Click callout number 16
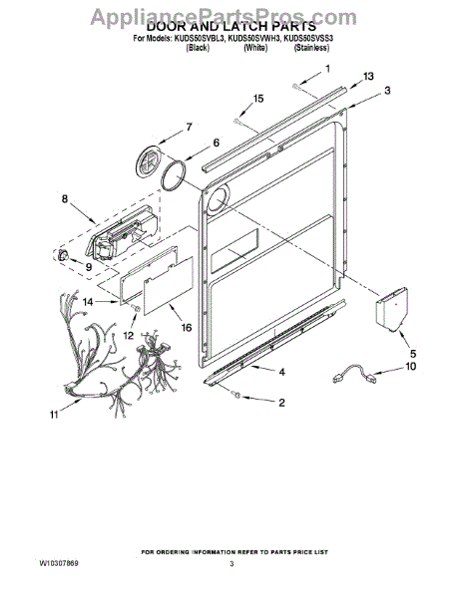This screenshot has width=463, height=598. [x=187, y=327]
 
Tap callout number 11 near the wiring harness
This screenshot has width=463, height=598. [x=54, y=415]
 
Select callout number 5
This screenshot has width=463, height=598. [x=413, y=354]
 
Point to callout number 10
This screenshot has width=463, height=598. [x=411, y=366]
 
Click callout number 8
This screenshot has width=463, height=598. [x=65, y=198]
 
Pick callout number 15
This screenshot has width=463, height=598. [x=258, y=99]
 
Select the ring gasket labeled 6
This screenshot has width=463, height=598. [x=174, y=175]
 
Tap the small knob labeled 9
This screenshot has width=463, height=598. [x=63, y=254]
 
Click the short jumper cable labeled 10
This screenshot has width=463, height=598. [x=354, y=375]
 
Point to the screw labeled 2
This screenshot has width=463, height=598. [x=235, y=396]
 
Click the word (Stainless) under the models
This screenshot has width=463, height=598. [x=311, y=48]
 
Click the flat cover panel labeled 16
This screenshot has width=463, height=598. [x=169, y=285]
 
